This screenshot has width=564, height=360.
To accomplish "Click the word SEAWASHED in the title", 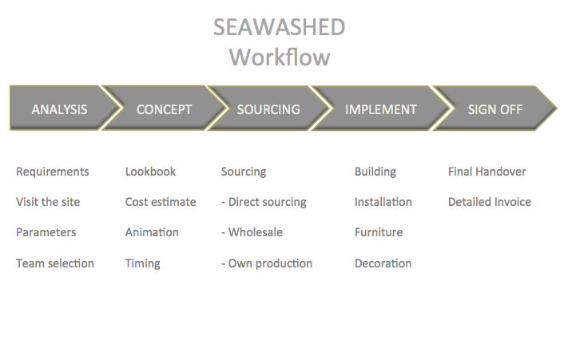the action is [279, 27].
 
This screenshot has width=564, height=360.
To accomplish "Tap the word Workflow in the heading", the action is [280, 57].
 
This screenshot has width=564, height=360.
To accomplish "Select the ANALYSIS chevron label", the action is [59, 109].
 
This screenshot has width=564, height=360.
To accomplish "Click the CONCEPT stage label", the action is [164, 109].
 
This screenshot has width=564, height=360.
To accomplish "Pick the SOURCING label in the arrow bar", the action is [268, 109].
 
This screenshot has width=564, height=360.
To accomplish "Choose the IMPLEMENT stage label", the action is [381, 109].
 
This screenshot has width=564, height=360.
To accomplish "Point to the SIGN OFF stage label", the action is [495, 109].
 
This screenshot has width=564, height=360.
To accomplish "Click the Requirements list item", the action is [53, 172].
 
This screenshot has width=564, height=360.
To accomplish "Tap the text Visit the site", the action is [48, 202].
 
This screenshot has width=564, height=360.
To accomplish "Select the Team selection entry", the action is [55, 263].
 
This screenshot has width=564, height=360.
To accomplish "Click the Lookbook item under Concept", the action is [150, 172].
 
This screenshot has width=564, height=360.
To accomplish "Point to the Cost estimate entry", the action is [161, 202].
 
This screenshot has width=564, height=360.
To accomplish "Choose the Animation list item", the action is [152, 232].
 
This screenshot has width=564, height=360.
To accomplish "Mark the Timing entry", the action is [142, 263].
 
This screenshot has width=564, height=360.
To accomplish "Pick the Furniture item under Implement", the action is [379, 232].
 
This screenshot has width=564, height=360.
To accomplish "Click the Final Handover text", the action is [487, 172].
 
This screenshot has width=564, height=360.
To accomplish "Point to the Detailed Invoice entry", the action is [490, 202].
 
